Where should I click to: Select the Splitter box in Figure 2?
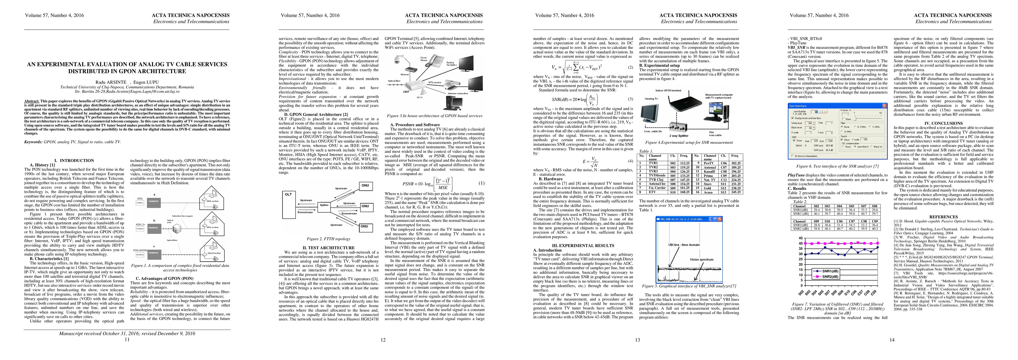click(324, 205)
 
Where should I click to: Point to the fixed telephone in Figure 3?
click(435, 61)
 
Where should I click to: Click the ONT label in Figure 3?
click(406, 92)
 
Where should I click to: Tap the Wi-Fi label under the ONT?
click(420, 97)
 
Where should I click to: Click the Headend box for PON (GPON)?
click(153, 253)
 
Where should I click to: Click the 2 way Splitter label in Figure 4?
click(679, 136)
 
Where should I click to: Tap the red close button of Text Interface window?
click(884, 106)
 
